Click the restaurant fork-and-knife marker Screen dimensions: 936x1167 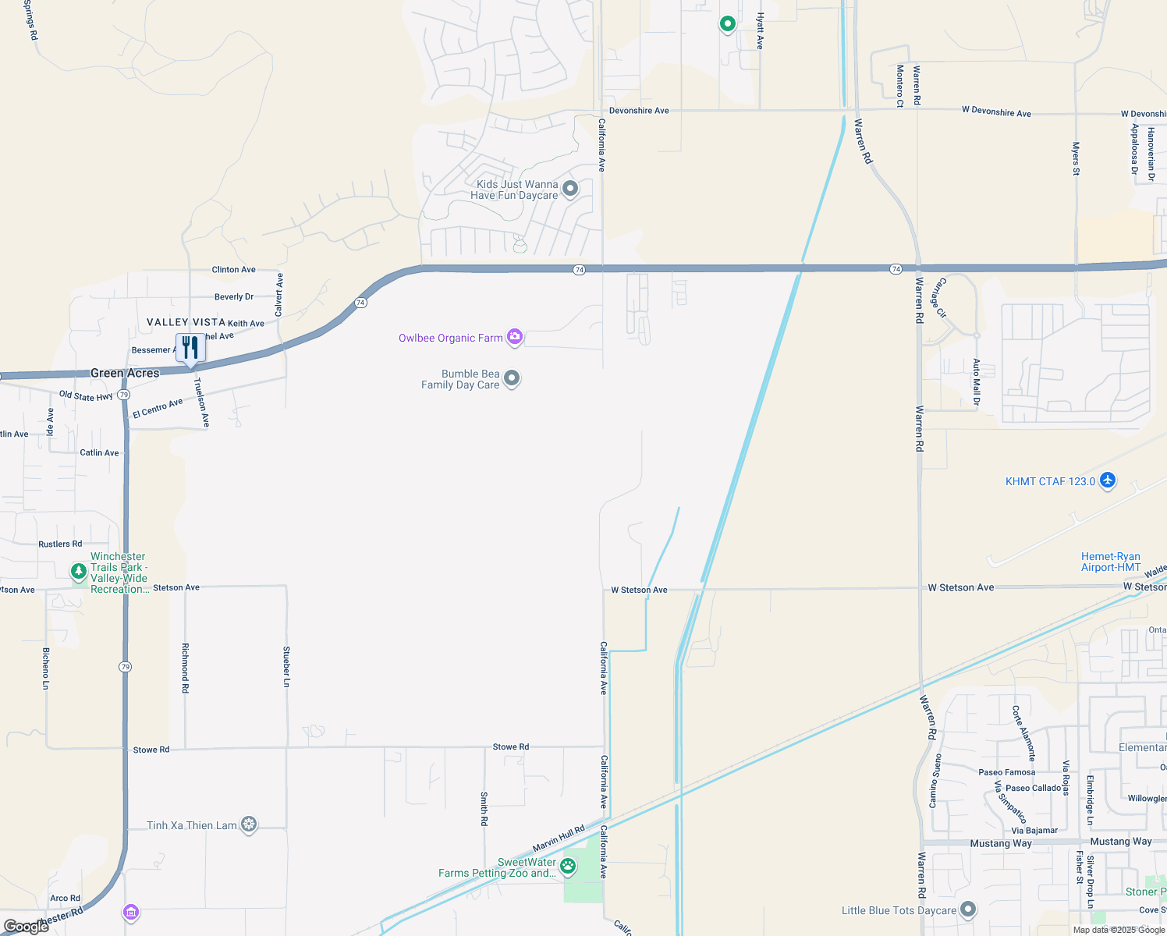tap(190, 347)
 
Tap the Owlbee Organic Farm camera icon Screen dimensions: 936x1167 tap(514, 337)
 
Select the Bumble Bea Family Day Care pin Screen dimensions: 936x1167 tap(512, 378)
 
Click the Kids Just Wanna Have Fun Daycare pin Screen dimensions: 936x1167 tap(570, 189)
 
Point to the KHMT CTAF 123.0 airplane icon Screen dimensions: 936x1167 tap(1107, 480)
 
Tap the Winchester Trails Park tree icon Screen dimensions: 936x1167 tap(79, 572)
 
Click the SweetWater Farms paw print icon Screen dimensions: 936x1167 tap(568, 866)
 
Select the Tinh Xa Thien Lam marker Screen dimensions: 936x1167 tap(249, 824)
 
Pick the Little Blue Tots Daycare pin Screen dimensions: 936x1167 tap(968, 909)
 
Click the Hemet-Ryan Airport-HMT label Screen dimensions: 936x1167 tap(1111, 562)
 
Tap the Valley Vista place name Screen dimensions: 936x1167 tap(186, 322)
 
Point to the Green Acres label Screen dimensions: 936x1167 tap(125, 373)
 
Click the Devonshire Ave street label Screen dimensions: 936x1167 tap(639, 111)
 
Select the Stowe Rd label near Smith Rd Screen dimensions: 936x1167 tap(511, 747)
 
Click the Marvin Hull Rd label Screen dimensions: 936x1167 tap(559, 838)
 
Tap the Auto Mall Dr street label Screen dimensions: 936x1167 tap(976, 382)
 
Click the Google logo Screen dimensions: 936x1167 tap(27, 927)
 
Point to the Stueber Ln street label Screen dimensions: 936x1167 tap(286, 666)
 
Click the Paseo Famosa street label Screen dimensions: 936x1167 tap(1007, 772)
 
